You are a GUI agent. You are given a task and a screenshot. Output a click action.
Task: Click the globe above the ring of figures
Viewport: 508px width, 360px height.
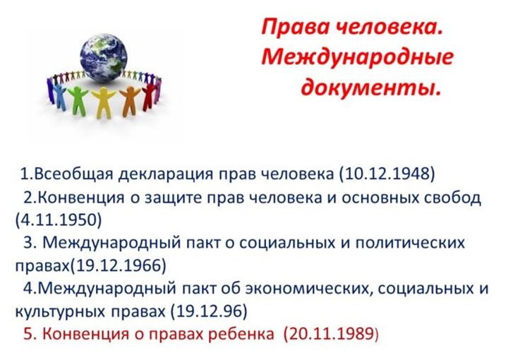tap(103, 58)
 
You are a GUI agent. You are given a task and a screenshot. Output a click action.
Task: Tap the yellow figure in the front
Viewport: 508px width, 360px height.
tap(104, 102)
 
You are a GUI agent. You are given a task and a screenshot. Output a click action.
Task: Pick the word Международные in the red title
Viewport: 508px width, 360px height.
tap(357, 57)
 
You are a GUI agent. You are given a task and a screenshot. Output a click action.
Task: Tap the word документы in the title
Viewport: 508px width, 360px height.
tap(371, 87)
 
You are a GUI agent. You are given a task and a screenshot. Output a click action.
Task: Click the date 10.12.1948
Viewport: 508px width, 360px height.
tap(387, 174)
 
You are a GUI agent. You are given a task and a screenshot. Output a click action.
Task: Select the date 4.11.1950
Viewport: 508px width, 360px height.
tap(59, 220)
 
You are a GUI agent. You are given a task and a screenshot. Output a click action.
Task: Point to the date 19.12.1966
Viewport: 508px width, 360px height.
tap(118, 265)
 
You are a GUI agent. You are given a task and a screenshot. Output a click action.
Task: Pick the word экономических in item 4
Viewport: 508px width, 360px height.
tap(306, 289)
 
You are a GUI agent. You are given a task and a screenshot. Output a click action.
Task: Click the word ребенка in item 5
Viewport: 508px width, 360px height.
tap(241, 334)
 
